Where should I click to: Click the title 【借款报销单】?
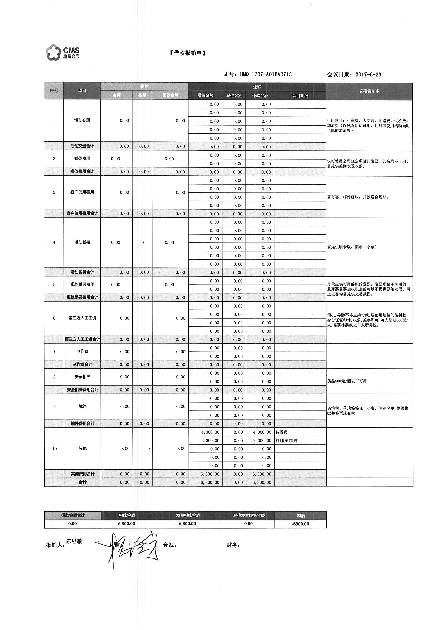click(x=187, y=53)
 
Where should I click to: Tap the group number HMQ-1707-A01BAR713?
click(x=266, y=74)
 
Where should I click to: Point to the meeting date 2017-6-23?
click(x=368, y=74)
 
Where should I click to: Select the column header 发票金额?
click(x=205, y=96)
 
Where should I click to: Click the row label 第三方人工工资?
click(x=82, y=318)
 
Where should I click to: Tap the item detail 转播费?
click(x=281, y=432)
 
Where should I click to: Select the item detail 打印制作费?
click(x=287, y=440)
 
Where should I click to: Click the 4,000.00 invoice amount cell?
click(x=210, y=432)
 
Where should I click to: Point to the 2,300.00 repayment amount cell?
click(x=262, y=440)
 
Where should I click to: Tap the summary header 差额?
click(x=301, y=516)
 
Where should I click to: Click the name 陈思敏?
click(x=74, y=541)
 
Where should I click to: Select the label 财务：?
click(x=233, y=545)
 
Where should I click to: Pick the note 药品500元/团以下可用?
click(x=347, y=381)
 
